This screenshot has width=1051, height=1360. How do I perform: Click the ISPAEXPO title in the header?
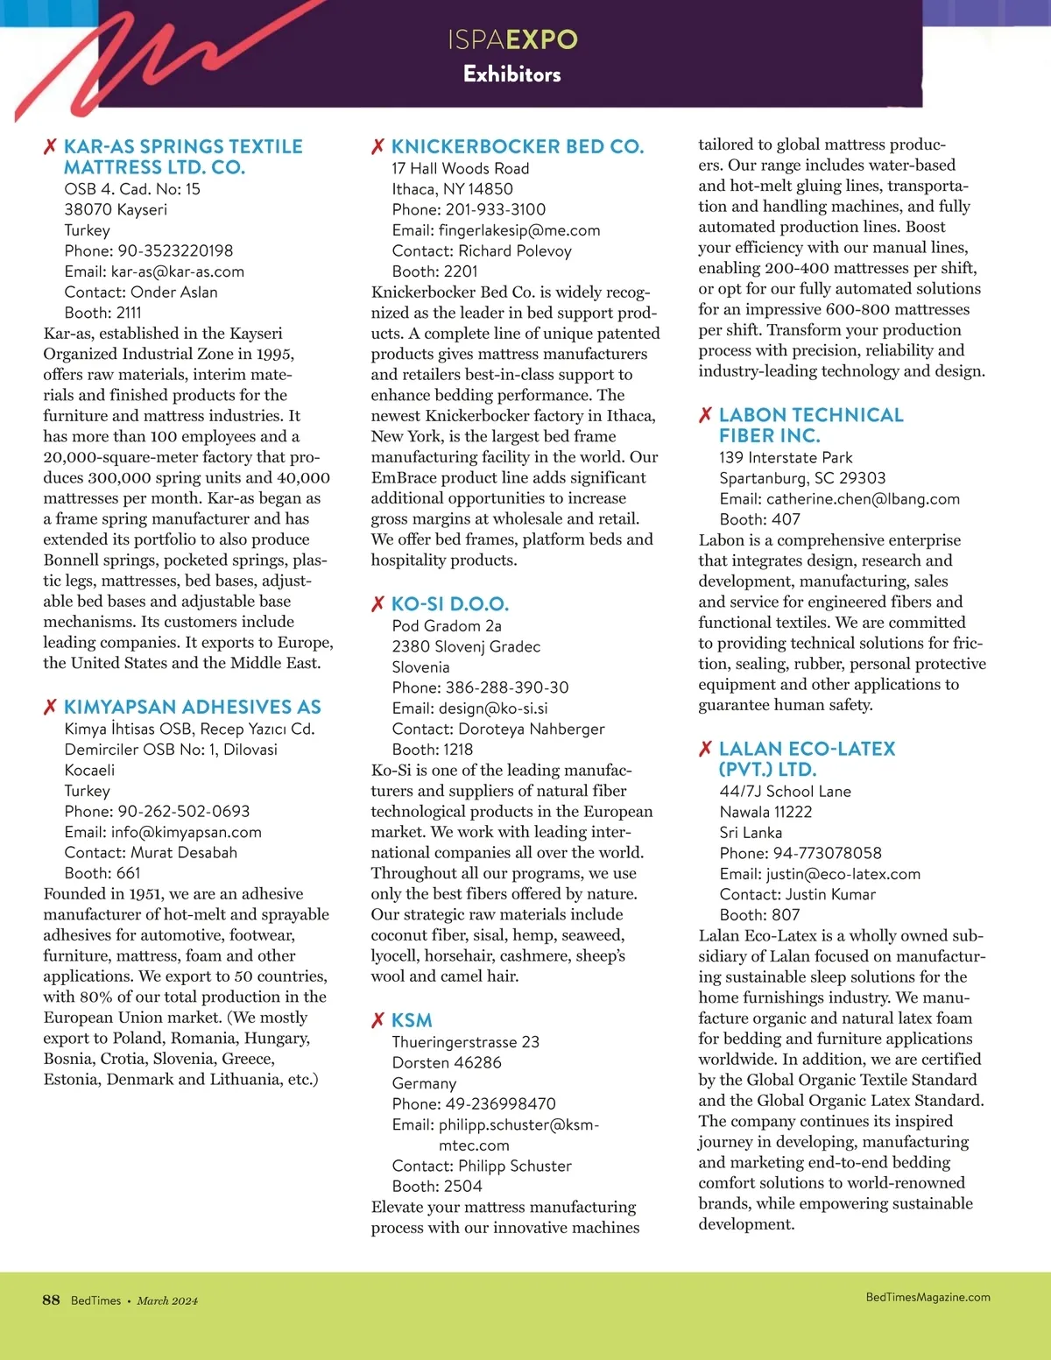point(512,39)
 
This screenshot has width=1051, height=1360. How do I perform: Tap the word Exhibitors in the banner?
point(512,74)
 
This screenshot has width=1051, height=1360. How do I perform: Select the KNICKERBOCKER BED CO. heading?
point(517,146)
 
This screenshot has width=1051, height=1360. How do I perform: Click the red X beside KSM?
point(378,1020)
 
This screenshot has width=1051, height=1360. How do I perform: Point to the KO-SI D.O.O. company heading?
point(449,604)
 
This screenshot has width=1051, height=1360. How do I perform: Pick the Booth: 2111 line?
point(102,313)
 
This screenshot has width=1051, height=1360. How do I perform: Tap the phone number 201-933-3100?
point(495,209)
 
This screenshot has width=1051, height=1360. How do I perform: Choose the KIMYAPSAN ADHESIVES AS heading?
point(192,707)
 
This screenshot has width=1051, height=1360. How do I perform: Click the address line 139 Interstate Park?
point(786,457)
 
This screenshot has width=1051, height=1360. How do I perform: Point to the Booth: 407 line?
point(759,519)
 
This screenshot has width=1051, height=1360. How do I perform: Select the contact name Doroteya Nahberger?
point(531,729)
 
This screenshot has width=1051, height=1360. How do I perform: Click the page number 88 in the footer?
point(51,1300)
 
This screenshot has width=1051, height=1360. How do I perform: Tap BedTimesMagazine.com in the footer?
point(928,1297)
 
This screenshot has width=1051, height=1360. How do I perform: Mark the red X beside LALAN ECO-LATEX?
point(705,749)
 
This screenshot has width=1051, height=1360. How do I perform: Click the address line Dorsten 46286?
point(447,1062)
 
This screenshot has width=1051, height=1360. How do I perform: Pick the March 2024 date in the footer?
point(167,1300)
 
